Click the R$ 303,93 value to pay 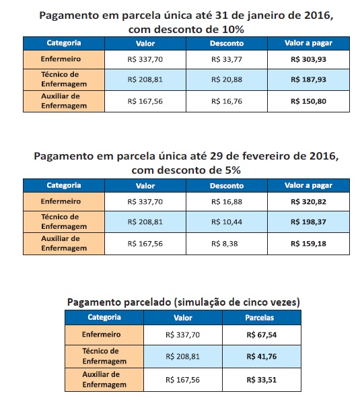pos(308,59)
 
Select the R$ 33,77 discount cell pos(227,59)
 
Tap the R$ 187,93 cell pos(308,79)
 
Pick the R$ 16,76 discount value pos(227,101)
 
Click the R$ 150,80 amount pos(308,101)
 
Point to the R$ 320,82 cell pos(308,202)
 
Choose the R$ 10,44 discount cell pos(227,222)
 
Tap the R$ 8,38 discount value pos(224,244)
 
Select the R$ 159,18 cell pos(308,244)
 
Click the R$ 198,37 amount pos(308,222)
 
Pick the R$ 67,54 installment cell pos(261,335)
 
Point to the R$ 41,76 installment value pos(261,357)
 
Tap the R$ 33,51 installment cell pos(261,380)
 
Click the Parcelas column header pos(260,318)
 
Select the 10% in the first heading pos(233,30)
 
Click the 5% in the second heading pos(231,170)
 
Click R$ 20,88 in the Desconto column pos(227,79)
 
